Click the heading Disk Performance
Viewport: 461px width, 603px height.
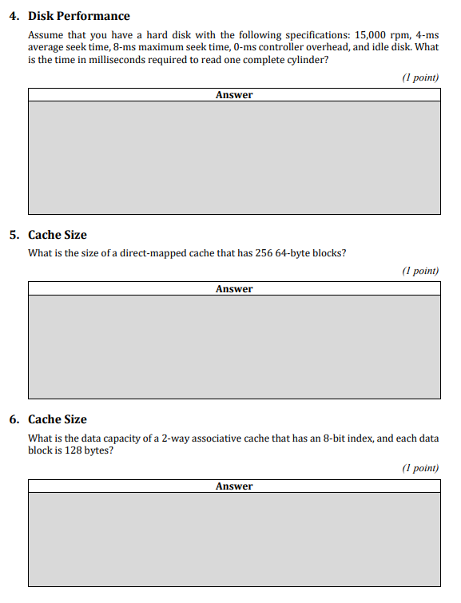point(78,16)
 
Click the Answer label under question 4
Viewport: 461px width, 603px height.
point(234,95)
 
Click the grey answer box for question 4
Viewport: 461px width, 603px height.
point(234,157)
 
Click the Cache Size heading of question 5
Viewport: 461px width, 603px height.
point(58,235)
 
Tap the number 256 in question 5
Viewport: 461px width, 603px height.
point(265,254)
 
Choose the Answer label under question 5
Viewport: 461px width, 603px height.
point(234,289)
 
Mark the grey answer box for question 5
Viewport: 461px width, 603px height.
point(234,347)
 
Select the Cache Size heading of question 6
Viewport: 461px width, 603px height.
point(58,419)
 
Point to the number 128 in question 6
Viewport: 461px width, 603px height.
point(74,450)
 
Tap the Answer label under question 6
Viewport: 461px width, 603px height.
point(234,486)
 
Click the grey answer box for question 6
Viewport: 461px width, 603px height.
point(234,540)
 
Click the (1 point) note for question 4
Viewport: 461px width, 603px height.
point(420,77)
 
